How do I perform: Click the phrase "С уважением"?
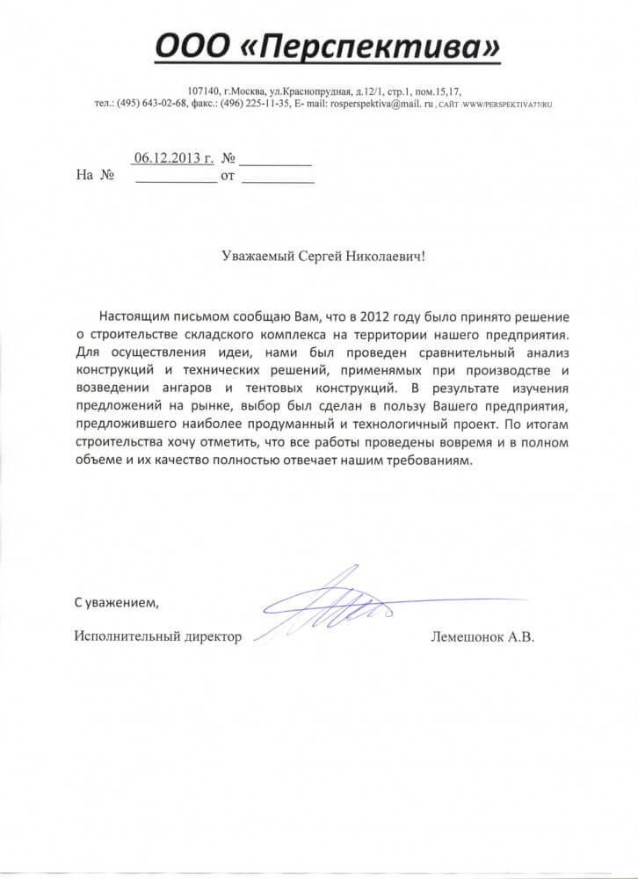pyautogui.click(x=116, y=603)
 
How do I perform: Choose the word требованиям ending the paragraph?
pyautogui.click(x=435, y=461)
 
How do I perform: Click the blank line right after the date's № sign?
pyautogui.click(x=275, y=160)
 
